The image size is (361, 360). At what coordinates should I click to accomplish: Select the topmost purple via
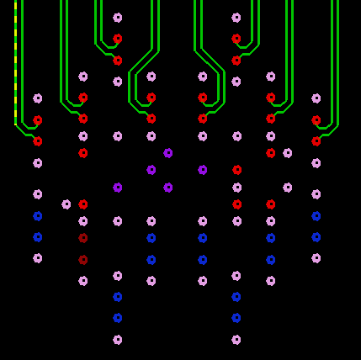(x=168, y=153)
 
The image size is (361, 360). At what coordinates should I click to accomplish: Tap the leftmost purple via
(x=118, y=188)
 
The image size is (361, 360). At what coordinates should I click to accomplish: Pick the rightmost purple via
(x=203, y=170)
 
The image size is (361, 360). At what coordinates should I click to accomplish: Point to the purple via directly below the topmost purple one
(x=168, y=188)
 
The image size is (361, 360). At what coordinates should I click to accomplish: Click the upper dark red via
(x=83, y=238)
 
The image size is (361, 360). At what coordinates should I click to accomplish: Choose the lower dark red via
(x=83, y=260)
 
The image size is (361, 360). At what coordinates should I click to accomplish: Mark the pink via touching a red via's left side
(x=66, y=204)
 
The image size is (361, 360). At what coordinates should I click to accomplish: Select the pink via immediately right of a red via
(x=288, y=153)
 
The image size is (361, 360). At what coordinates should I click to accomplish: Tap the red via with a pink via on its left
(x=83, y=204)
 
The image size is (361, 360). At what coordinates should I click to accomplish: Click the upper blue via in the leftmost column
(x=38, y=216)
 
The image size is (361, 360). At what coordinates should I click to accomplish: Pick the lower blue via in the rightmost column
(x=316, y=237)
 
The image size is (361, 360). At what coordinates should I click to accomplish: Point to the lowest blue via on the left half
(x=118, y=318)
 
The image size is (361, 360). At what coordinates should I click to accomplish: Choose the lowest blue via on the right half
(x=236, y=318)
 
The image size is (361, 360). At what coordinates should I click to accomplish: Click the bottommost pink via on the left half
(x=118, y=340)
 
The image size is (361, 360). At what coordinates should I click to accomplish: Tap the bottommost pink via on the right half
(x=236, y=340)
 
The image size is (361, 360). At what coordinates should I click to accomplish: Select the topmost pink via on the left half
(x=118, y=18)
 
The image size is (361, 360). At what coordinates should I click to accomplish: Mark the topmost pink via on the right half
(x=236, y=18)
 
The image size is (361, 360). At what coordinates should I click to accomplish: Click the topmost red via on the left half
(x=118, y=39)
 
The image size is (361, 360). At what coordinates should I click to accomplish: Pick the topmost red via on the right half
(x=236, y=39)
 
